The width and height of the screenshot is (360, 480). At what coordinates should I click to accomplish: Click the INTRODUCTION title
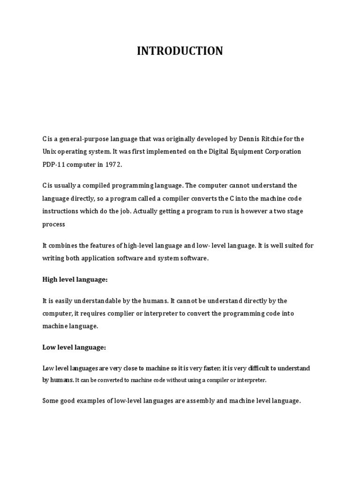pyautogui.click(x=180, y=51)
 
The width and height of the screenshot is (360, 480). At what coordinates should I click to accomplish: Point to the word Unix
pyautogui.click(x=49, y=152)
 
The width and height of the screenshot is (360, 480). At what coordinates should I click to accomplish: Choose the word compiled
pyautogui.click(x=102, y=186)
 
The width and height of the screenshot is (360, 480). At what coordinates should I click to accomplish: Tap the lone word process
pyautogui.click(x=53, y=224)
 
